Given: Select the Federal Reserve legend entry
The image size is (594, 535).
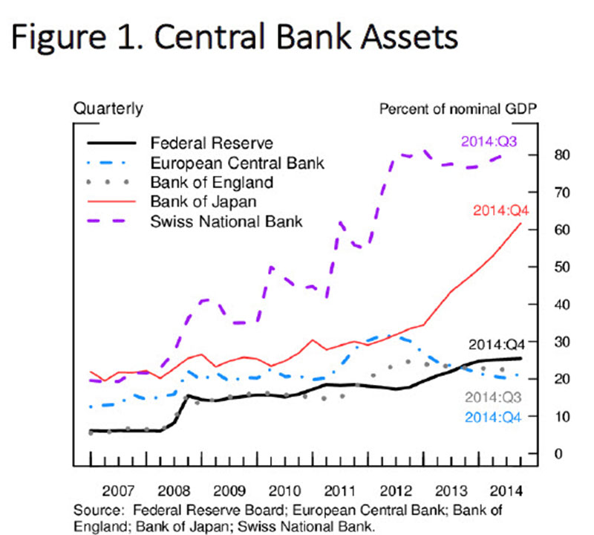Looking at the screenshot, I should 200,143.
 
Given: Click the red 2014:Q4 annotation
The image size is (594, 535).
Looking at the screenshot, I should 498,210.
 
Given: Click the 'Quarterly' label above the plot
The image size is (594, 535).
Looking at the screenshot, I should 108,109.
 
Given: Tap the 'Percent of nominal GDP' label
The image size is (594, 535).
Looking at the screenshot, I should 458,109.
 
